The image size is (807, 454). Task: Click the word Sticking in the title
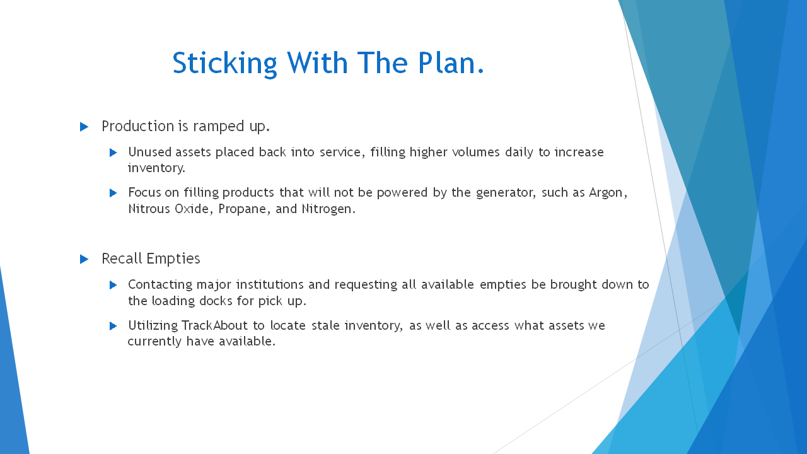225,64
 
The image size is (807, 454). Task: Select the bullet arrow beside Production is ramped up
84,127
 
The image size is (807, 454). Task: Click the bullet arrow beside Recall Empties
84,259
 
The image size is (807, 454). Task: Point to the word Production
138,127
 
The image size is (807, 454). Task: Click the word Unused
149,152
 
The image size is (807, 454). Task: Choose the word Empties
173,259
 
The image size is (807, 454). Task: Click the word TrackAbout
214,325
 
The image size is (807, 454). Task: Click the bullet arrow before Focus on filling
113,193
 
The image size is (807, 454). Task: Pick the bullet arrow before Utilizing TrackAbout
113,326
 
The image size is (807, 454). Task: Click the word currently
154,342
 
